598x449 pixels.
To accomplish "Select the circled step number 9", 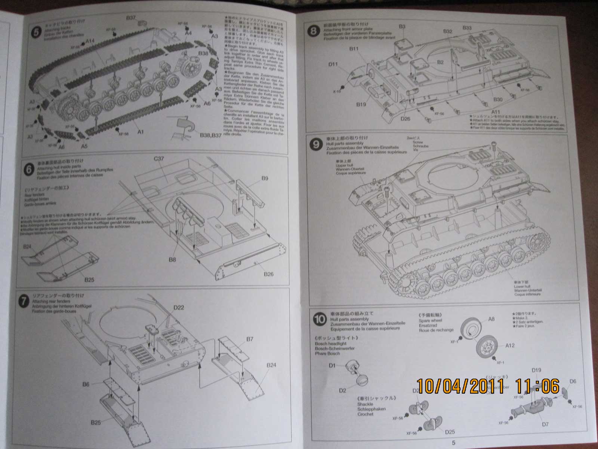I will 316,144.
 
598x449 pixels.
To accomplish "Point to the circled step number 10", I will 320,319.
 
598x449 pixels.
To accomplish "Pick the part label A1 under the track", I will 140,132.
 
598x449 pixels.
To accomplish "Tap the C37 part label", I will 159,159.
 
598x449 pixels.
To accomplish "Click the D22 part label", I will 179,308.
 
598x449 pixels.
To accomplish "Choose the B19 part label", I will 361,104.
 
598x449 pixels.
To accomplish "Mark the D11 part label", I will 333,64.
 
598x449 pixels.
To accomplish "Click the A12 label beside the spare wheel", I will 510,345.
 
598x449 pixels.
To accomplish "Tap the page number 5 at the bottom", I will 454,443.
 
